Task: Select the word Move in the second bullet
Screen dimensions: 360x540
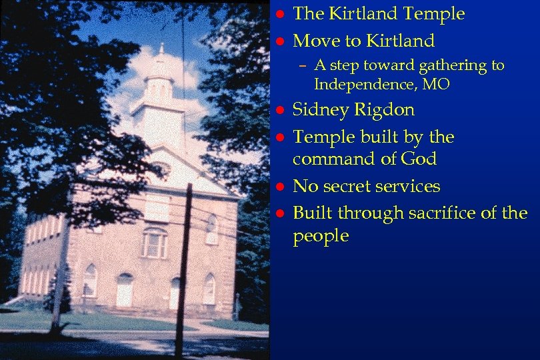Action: click(x=315, y=41)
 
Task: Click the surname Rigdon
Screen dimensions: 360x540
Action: click(x=385, y=110)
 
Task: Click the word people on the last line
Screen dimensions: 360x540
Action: click(x=321, y=237)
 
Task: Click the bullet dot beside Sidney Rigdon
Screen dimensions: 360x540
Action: click(x=281, y=110)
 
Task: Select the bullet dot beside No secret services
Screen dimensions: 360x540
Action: click(x=281, y=187)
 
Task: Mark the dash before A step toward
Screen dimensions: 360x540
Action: click(x=303, y=66)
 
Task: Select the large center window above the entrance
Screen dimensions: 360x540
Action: click(x=155, y=243)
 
